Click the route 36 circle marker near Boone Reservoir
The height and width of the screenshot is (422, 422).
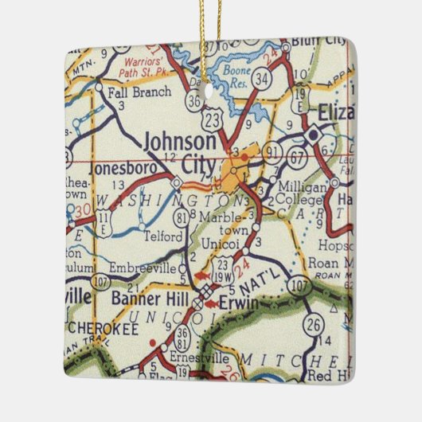[x=195, y=101]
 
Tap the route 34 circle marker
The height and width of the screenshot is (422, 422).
[x=261, y=79]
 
